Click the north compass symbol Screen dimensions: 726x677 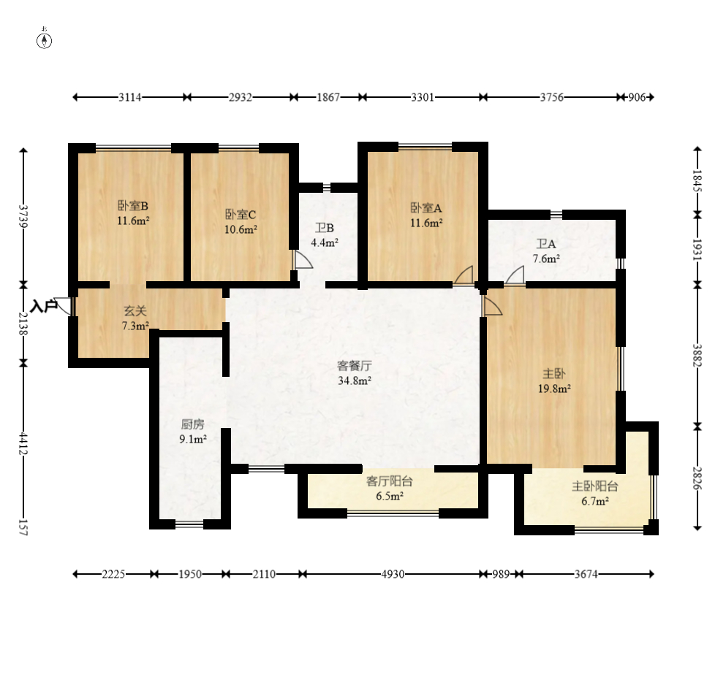45,40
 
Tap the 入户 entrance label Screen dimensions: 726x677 44,306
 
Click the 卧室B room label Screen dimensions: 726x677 133,205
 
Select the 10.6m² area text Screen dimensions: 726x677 241,229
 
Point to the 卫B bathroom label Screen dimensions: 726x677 325,228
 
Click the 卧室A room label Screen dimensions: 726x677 426,207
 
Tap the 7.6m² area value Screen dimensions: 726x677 546,259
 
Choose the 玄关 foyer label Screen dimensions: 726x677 135,311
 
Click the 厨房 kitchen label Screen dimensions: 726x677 192,424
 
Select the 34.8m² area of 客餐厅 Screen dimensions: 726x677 355,381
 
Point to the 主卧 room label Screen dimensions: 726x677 553,374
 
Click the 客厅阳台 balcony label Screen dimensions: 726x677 390,481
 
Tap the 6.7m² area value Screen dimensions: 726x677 595,501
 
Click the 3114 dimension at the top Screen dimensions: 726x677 130,97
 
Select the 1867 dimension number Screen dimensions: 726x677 328,97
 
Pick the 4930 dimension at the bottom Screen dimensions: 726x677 393,574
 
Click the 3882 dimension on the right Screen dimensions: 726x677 697,355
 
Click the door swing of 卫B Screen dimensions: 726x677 303,259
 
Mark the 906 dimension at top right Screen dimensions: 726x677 637,97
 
